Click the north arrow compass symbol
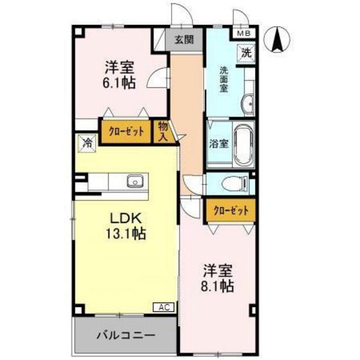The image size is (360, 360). (277, 39)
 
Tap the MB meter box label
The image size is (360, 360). (244, 33)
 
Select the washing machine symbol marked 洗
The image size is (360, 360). (246, 53)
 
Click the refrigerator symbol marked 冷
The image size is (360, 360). (87, 143)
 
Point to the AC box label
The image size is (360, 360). (164, 307)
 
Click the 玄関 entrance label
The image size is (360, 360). (184, 39)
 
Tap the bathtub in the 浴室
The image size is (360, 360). (244, 145)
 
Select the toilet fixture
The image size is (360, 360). (235, 184)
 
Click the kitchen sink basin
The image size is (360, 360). (135, 181)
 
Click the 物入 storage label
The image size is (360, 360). (163, 132)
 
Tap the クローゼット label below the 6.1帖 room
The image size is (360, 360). (126, 132)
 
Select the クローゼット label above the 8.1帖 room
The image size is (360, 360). (231, 211)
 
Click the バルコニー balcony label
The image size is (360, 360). (126, 336)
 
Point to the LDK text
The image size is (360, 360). (125, 219)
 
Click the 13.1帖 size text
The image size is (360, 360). (125, 234)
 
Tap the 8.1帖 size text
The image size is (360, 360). (217, 286)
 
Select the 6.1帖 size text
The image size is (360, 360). (119, 83)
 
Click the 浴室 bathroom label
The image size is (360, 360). (219, 144)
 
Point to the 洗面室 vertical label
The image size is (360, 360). (224, 80)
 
